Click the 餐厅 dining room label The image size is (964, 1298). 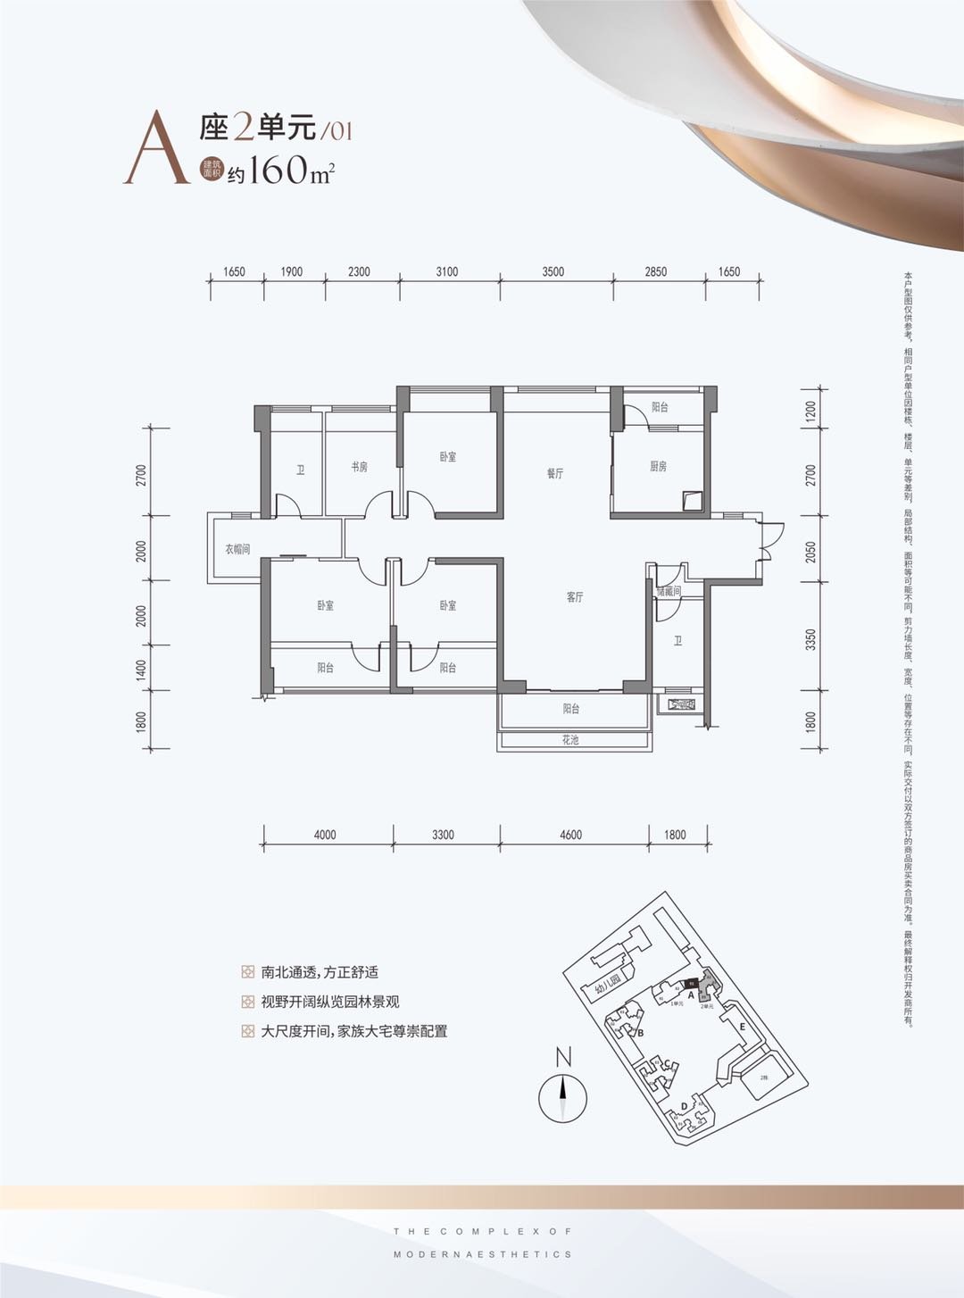click(x=555, y=473)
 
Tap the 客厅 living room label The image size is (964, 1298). click(x=574, y=597)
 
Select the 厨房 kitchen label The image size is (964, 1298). click(x=658, y=466)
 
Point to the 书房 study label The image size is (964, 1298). click(x=359, y=467)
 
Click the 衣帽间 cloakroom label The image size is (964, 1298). click(x=237, y=549)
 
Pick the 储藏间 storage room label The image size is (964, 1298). click(x=669, y=591)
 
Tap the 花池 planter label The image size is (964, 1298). click(x=570, y=740)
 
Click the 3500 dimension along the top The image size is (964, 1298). click(x=553, y=271)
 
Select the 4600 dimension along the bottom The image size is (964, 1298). click(x=570, y=835)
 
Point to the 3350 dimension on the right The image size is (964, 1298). click(x=810, y=639)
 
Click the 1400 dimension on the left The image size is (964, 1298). click(x=141, y=669)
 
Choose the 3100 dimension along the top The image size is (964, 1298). click(x=447, y=271)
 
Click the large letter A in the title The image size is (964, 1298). click(x=156, y=148)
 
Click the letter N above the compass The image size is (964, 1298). click(x=563, y=1058)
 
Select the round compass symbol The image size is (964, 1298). click(x=562, y=1097)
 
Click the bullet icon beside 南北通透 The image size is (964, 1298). click(x=247, y=972)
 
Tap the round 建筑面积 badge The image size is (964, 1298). click(x=211, y=169)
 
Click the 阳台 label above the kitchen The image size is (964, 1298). click(x=660, y=407)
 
